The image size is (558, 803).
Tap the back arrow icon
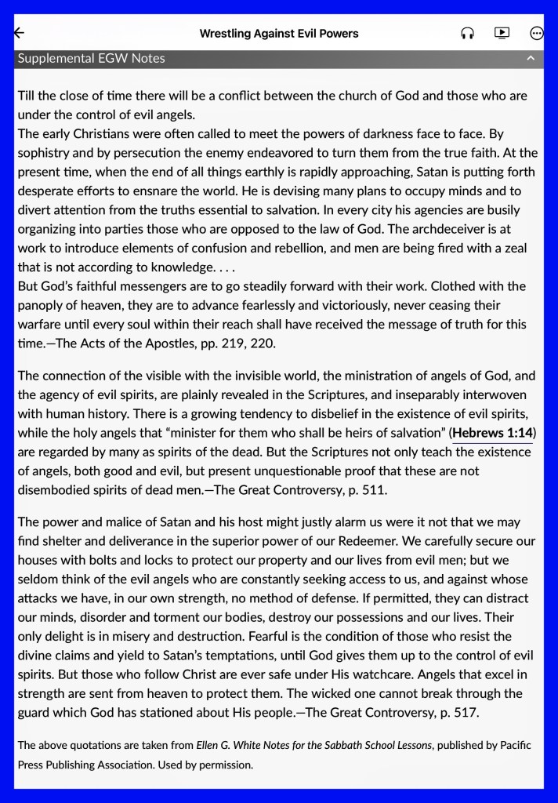[19, 33]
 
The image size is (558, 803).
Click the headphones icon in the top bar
[467, 33]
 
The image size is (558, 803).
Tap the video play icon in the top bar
[502, 33]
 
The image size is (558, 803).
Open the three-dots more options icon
[537, 33]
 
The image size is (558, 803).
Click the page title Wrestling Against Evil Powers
[279, 33]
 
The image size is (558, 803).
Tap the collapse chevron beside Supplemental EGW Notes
[531, 58]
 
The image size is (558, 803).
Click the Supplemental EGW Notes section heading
[91, 58]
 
